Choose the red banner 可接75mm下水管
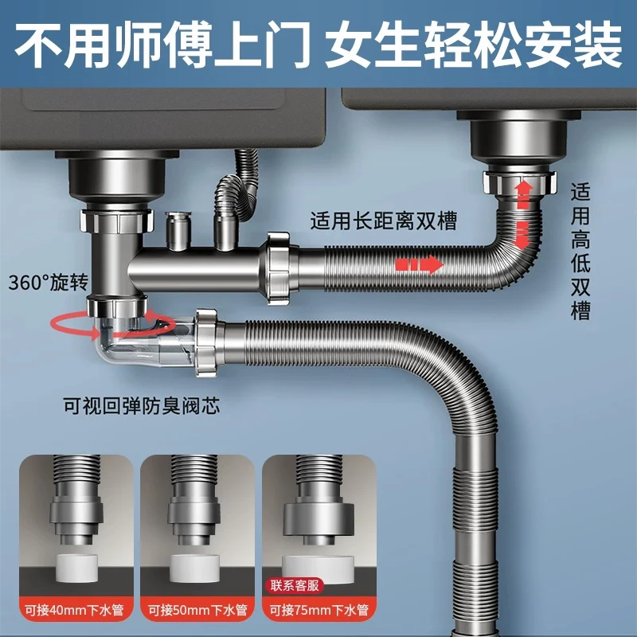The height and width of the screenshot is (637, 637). (318, 612)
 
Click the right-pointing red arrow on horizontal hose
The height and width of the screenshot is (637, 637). (419, 264)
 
